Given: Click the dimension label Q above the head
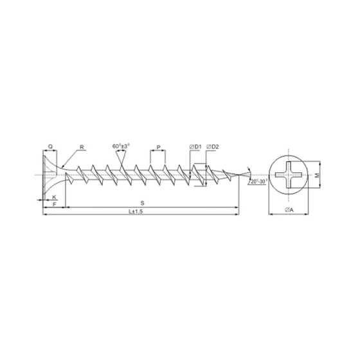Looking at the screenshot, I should point(51,147).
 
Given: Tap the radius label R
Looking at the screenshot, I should point(82,147).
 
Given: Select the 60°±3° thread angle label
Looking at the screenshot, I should point(121,146).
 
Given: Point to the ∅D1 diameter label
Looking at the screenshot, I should point(196,147).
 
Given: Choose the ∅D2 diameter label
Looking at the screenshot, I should point(213,147).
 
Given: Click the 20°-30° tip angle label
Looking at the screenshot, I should point(260,183).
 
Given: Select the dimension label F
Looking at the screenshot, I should point(55,204).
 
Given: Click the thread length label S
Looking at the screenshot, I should point(152,204).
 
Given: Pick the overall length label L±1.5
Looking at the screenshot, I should point(135,212).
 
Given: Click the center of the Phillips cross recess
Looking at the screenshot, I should point(289,174).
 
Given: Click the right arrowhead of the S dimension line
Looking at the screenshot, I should point(237,207).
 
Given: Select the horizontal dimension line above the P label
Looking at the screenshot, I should point(157,152).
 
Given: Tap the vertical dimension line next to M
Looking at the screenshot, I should point(319,174).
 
